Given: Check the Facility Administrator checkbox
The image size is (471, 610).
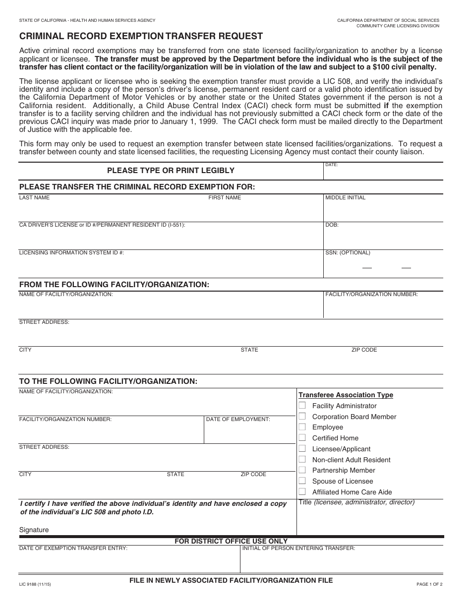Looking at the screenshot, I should tap(302, 406).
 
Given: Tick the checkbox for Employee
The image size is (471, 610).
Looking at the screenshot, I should tap(302, 427).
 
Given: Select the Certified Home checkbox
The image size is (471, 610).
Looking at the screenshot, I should tap(302, 438).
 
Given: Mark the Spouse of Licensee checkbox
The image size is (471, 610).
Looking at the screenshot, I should tap(302, 481).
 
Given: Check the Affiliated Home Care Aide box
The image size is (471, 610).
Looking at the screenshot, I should tap(302, 492).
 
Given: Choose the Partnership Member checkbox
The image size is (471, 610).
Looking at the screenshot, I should tap(302, 470).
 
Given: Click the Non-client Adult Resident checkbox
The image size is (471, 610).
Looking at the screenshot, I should tap(302, 460).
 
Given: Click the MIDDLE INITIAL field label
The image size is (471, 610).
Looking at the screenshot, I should tap(345, 197).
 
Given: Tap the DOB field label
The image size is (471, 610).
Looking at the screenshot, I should tap(332, 225).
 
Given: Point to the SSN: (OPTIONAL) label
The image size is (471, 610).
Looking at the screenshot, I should tap(348, 253).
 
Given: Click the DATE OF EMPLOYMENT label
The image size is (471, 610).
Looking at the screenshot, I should tap(238, 420).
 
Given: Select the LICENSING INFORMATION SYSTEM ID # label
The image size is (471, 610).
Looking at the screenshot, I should tap(71, 253).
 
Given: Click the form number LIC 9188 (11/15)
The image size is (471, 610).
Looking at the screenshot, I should tap(35, 585).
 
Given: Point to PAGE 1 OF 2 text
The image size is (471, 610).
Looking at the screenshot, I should tap(429, 585).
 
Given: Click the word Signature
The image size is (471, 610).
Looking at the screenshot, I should tap(34, 530).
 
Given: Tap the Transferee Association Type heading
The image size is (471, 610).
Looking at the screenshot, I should tap(346, 395).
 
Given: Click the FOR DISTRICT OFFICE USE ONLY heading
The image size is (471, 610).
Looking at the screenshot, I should tap(231, 541).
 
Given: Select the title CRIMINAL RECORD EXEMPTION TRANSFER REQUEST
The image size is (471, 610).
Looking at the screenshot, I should tap(134, 36).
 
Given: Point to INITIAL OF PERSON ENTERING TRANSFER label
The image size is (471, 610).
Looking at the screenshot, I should tap(298, 549).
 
